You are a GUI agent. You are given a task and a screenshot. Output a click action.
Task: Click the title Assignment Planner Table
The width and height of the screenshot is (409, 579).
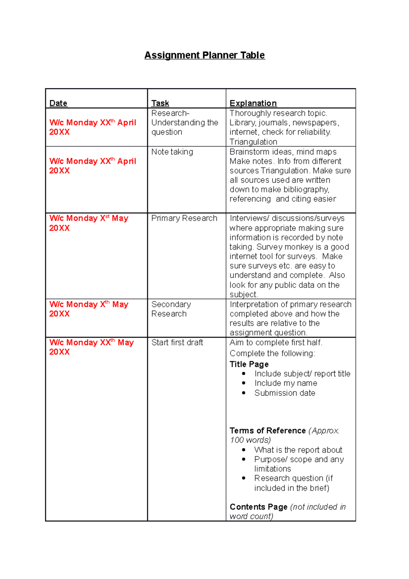[x=204, y=55]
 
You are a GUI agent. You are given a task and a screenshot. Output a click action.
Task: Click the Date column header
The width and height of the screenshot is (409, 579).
[x=58, y=103]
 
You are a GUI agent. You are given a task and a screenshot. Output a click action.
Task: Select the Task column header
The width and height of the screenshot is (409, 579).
[x=160, y=103]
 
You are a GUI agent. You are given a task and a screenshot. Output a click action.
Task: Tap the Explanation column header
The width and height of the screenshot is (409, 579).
[x=253, y=103]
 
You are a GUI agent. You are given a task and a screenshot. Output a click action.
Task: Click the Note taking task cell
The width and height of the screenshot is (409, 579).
[x=172, y=152]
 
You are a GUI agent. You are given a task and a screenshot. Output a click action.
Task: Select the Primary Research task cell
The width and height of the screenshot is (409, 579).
[x=184, y=218]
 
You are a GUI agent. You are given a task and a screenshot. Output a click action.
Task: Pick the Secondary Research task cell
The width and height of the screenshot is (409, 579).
[x=171, y=309]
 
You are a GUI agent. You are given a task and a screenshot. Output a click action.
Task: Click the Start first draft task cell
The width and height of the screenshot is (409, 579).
[x=177, y=342]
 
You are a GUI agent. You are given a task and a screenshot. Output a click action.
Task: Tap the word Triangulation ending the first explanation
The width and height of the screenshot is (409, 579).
[x=253, y=142]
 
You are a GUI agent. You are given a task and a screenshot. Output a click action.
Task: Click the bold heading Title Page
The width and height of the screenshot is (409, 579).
[x=249, y=364]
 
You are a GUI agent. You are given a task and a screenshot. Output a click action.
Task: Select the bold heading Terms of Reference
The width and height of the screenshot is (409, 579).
[x=268, y=431]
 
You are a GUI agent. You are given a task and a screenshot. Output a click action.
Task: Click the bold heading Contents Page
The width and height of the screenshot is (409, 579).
[x=259, y=507]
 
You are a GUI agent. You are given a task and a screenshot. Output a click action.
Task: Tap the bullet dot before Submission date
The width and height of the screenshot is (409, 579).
[x=244, y=393]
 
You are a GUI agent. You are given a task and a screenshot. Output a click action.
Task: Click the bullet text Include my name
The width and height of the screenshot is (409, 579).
[x=286, y=383]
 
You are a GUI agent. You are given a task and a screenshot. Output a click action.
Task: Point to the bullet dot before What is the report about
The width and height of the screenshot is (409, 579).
[x=244, y=450]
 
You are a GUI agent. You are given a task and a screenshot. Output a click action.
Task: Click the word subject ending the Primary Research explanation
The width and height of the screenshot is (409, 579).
[x=243, y=295]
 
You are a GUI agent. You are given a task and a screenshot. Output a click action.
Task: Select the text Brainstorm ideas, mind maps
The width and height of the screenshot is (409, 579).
[x=283, y=152]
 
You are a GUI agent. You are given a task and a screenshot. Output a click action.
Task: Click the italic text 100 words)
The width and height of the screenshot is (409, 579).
[x=250, y=440]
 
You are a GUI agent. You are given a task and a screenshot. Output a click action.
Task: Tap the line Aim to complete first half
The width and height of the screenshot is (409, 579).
[x=276, y=342]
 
